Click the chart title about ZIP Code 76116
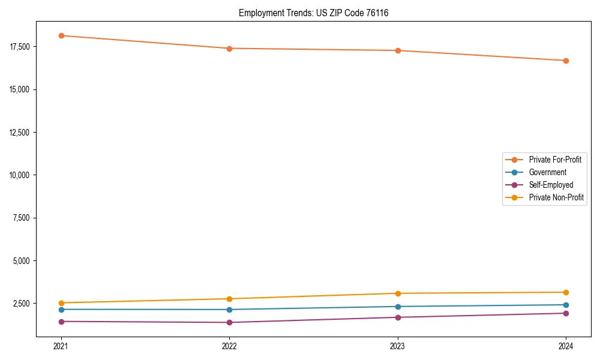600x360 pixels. (x=313, y=13)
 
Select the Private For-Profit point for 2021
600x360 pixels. (x=61, y=35)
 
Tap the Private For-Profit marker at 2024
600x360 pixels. (x=566, y=61)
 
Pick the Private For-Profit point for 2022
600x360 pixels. (x=229, y=49)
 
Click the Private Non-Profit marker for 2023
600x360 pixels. (x=397, y=293)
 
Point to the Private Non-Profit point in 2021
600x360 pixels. (x=61, y=303)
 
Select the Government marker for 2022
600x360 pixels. (x=229, y=310)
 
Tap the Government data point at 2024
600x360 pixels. (x=566, y=305)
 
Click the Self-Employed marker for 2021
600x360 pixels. (x=61, y=322)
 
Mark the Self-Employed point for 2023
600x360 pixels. (x=397, y=317)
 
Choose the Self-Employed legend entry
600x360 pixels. (x=551, y=185)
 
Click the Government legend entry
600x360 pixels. (x=547, y=172)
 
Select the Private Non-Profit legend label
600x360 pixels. (x=556, y=197)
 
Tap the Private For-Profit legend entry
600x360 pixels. (x=555, y=160)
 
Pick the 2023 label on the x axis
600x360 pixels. (x=397, y=346)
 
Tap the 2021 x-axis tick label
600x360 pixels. (x=61, y=346)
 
